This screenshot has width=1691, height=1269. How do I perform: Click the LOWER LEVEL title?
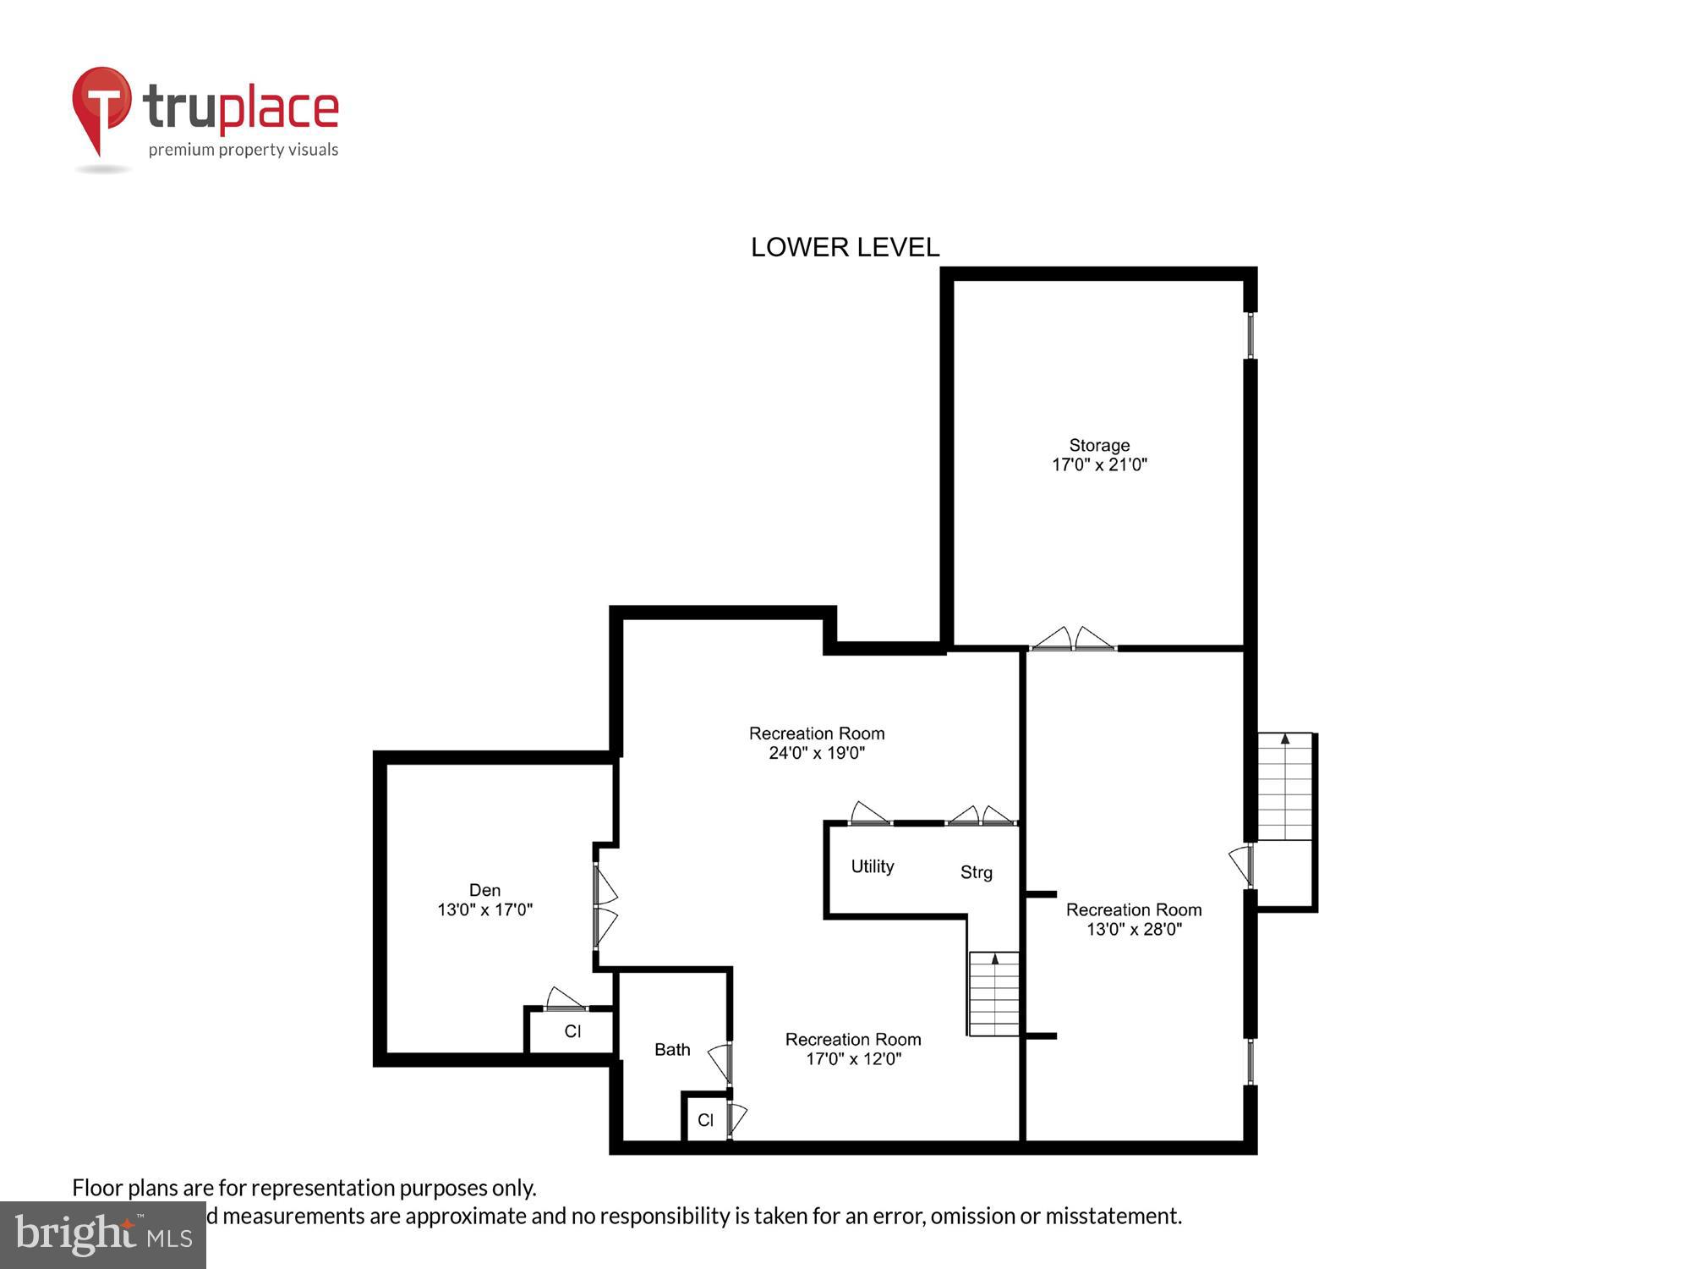(845, 247)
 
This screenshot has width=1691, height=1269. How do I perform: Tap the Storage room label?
(1099, 445)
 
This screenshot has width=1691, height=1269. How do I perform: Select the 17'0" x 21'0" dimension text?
(1099, 464)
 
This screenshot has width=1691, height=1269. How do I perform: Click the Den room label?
(484, 890)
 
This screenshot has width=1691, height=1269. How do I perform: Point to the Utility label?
(872, 866)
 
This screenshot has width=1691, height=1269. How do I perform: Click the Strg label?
(976, 872)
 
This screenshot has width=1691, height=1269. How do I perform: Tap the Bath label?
(672, 1050)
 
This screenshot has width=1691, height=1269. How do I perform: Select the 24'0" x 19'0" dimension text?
(816, 753)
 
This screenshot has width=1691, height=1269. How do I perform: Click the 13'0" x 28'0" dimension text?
(1133, 929)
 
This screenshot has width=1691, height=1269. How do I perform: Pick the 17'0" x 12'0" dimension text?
(853, 1059)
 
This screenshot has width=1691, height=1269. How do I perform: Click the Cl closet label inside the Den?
(572, 1031)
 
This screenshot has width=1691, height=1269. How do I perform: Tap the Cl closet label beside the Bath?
(705, 1120)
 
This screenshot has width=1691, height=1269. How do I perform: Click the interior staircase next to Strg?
(993, 994)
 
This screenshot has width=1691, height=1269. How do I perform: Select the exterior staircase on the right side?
(1284, 787)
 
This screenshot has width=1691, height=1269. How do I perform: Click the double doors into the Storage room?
(1073, 640)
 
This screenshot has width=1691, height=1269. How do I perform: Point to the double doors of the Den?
(604, 906)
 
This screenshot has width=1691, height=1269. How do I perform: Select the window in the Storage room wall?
(1250, 336)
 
